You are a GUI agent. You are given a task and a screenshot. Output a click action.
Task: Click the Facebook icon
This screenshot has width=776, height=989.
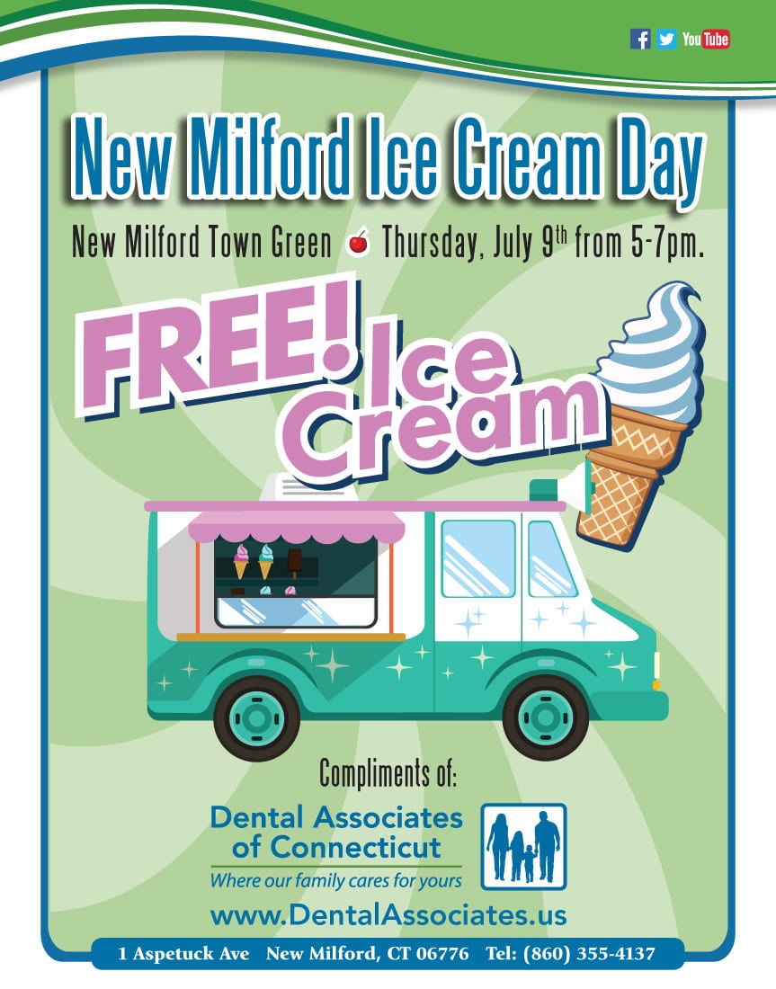click(640, 39)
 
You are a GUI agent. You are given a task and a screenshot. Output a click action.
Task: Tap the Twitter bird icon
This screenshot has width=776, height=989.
click(666, 39)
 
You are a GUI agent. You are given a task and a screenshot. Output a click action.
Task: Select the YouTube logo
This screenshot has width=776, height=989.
click(705, 39)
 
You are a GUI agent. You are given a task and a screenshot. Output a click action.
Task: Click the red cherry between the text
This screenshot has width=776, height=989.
click(359, 242)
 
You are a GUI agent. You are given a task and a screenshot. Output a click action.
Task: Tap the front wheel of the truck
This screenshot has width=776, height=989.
click(545, 717)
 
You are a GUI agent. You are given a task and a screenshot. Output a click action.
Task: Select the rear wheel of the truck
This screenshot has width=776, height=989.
click(257, 717)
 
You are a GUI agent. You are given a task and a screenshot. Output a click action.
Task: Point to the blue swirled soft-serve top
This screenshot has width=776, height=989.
click(650, 353)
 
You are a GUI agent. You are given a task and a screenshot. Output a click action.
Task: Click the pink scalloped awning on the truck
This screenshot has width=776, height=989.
click(297, 526)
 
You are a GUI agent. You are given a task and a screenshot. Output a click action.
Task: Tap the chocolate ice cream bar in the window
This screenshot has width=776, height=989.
click(294, 561)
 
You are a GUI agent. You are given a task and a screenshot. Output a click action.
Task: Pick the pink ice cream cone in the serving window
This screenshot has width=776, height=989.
click(241, 561)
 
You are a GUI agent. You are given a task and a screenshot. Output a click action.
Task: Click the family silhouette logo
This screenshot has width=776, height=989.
click(523, 846)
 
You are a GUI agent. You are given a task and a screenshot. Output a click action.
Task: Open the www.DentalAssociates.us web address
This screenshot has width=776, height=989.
click(388, 915)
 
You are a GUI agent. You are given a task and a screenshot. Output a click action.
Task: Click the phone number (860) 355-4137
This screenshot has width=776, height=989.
click(589, 953)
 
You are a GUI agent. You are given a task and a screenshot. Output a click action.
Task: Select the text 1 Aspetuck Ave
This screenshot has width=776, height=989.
click(183, 953)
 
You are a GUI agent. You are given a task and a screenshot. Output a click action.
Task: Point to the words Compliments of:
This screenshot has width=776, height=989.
click(388, 773)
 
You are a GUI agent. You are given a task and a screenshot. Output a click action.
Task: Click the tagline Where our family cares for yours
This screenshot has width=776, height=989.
click(335, 880)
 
